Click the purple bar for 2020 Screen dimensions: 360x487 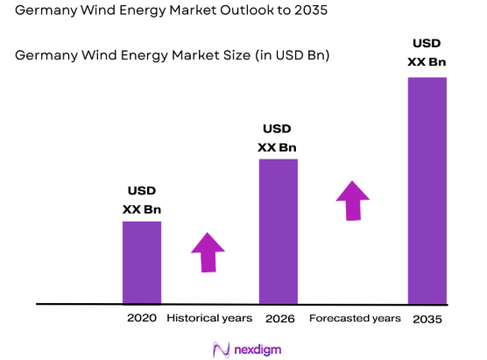[141, 262]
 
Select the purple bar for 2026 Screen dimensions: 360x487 [278, 231]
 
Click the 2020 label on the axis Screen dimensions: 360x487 [142, 318]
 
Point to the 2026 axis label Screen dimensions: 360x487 [279, 318]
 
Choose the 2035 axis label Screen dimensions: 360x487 [427, 319]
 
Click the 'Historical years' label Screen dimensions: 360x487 [209, 318]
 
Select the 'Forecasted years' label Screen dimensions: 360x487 [355, 318]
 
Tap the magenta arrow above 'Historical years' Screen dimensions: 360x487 [208, 252]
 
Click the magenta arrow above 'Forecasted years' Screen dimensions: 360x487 [353, 201]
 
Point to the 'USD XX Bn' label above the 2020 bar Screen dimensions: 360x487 [142, 200]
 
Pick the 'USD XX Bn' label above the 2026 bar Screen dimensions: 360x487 [278, 138]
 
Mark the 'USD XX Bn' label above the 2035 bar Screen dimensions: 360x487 [427, 53]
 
